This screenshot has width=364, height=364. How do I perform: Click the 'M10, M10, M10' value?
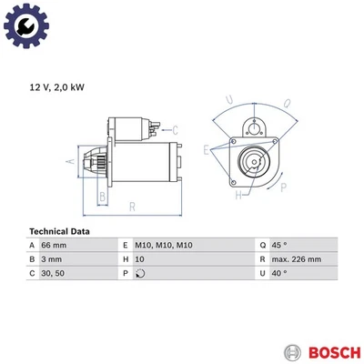pos(164,246)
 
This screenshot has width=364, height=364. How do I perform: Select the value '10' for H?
pos(140,259)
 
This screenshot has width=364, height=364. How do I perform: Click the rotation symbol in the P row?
pos(139,273)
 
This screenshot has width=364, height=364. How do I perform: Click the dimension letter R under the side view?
pos(133,207)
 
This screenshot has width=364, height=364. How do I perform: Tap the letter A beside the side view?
pos(69,161)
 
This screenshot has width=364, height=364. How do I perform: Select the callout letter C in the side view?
pos(175,129)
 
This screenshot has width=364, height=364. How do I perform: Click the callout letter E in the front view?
pos(207,149)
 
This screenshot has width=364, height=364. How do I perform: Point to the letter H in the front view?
pos(238,196)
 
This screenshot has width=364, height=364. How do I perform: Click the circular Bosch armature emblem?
pos(291,351)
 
